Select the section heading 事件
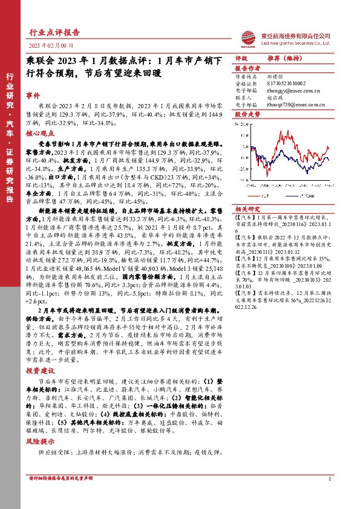pyautogui.click(x=33, y=96)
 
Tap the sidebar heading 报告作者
pyautogui.click(x=247, y=69)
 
